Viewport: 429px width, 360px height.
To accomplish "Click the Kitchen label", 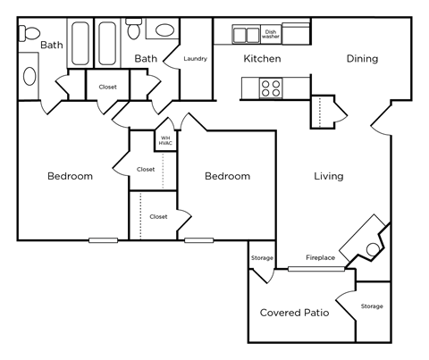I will (x=262, y=59).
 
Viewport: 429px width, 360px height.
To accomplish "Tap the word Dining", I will (x=362, y=59).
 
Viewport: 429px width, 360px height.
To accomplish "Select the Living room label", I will (x=328, y=176).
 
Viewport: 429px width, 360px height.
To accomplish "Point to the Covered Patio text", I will (x=294, y=313).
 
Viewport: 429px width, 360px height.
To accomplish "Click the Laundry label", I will (x=196, y=59).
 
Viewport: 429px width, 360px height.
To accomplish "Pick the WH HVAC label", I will (x=165, y=141).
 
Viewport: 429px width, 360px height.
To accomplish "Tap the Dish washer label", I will (x=272, y=35).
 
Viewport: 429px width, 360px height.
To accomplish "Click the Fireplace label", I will (x=320, y=258).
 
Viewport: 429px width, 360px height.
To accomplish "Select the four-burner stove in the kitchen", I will (x=271, y=88).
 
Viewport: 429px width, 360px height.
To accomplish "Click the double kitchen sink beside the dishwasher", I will (x=247, y=35).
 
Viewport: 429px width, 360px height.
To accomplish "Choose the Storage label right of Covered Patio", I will (x=372, y=306).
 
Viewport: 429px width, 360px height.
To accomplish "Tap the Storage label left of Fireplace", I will (x=262, y=258).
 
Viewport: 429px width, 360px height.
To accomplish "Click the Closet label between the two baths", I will (x=108, y=88).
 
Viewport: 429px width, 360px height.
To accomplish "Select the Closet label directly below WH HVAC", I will (x=146, y=169).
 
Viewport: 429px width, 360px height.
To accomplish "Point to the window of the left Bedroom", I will (x=104, y=240).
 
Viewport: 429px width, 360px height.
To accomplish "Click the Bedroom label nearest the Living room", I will (x=227, y=176).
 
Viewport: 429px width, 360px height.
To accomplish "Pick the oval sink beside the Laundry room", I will (x=165, y=30).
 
